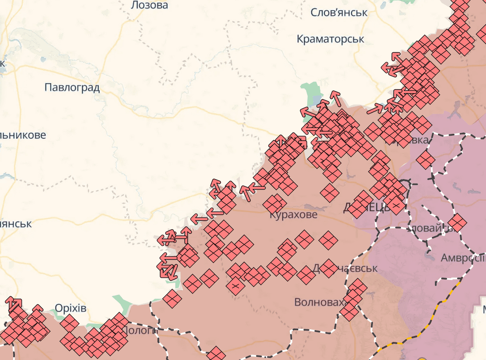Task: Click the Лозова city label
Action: [x=149, y=5]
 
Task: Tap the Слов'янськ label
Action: [x=338, y=12]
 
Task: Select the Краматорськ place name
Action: [x=330, y=39]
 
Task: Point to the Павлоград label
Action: [x=72, y=87]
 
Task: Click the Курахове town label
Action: [x=293, y=215]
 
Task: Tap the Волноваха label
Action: [x=319, y=302]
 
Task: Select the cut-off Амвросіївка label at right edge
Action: [x=462, y=258]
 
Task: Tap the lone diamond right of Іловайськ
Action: [x=457, y=223]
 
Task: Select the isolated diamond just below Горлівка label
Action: [x=425, y=159]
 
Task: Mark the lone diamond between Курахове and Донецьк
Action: [x=329, y=193]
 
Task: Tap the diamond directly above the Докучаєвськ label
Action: [x=328, y=240]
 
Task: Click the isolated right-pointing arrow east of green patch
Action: [x=375, y=109]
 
